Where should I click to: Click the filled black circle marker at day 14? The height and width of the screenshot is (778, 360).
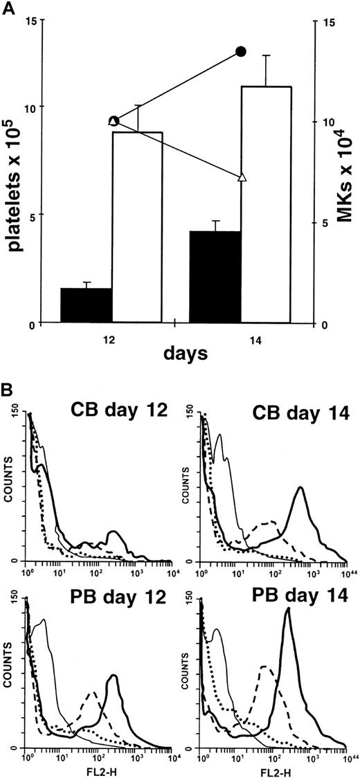click(241, 51)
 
